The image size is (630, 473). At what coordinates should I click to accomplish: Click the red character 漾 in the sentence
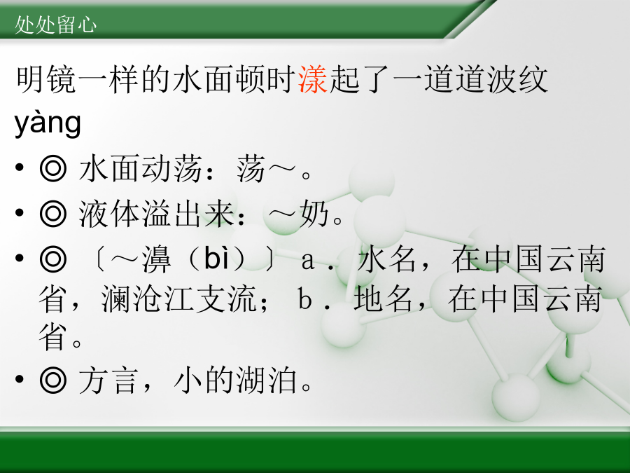pos(313,80)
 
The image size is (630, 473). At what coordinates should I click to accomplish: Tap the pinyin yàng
pos(48,123)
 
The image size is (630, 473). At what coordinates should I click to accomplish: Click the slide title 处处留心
pos(55,25)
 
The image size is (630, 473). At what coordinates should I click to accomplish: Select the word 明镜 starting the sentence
pos(46,80)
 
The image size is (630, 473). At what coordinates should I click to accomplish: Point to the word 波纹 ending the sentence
pos(518,80)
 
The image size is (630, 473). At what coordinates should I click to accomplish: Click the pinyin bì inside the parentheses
pos(217,258)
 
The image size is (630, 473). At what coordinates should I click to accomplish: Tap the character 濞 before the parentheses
pos(157,259)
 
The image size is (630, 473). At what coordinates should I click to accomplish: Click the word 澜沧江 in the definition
pos(148,299)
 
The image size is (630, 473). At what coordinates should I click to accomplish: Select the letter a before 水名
pos(307,261)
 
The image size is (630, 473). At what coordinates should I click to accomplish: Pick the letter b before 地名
pos(304,300)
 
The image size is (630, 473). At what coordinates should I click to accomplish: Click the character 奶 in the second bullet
pos(314,213)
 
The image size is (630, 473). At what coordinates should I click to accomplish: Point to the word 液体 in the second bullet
pos(108,213)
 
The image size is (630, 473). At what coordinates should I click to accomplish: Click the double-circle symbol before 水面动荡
pos(53,168)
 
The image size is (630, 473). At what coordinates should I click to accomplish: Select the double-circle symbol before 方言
pos(53,380)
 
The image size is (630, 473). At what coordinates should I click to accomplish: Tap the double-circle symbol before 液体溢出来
pos(53,213)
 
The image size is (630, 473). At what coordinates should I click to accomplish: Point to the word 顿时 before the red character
pos(266,80)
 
